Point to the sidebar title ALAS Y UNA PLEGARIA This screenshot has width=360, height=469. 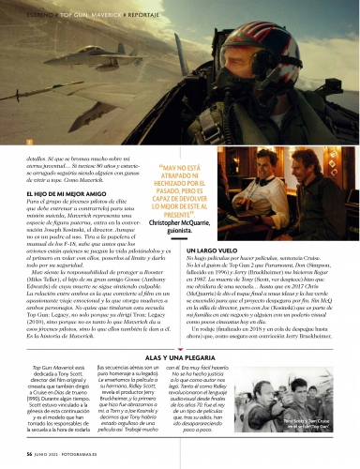pos(180,360)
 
